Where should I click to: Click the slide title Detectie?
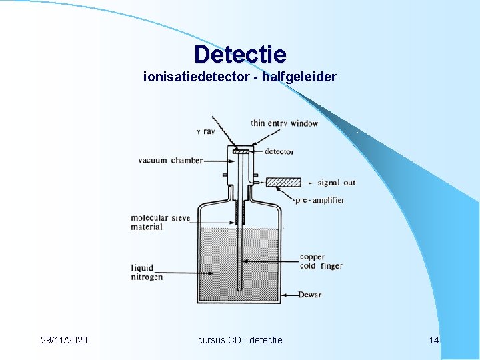pos(240,54)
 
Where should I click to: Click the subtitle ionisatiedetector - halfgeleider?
pos(240,77)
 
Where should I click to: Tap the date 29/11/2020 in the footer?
pos(63,340)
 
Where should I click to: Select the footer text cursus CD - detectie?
pos(240,340)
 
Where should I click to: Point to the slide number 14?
pos(434,340)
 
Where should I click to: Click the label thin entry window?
pos(284,123)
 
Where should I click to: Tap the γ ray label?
pos(205,131)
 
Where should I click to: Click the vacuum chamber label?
pos(170,161)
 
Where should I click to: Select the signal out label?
pos(337,183)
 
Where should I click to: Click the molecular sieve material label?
pos(160,222)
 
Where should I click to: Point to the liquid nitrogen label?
pos(147,272)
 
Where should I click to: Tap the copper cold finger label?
pos(321,261)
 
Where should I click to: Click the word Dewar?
pos(309,295)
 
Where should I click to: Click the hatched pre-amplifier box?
pos(283,182)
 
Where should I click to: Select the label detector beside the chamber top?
pos(279,151)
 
